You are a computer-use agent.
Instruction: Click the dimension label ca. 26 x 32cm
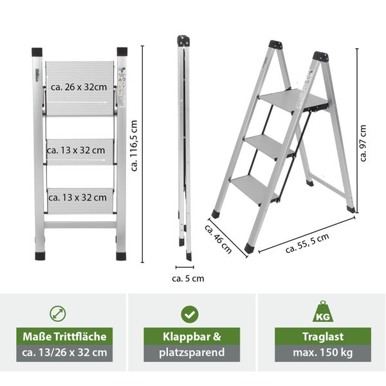click(x=78, y=87)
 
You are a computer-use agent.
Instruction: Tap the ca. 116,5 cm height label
click(x=134, y=146)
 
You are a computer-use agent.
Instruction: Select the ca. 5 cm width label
click(x=188, y=279)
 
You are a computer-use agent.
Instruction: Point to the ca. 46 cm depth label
click(x=218, y=239)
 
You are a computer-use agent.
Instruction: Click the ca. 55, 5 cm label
click(x=308, y=243)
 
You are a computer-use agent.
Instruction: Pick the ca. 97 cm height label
click(x=363, y=143)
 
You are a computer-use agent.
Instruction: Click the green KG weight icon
click(x=323, y=311)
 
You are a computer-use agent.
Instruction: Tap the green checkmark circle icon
click(x=190, y=314)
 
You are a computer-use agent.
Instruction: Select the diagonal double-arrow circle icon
click(x=58, y=314)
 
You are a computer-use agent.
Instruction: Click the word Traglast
click(x=323, y=336)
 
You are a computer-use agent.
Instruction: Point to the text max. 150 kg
click(x=323, y=353)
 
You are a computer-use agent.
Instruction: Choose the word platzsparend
click(x=192, y=353)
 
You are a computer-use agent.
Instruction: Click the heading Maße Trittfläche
click(x=64, y=336)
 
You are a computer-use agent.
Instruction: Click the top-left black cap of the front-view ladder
click(x=37, y=52)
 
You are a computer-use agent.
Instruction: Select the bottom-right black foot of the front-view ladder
click(x=121, y=256)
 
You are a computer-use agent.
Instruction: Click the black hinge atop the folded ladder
click(x=183, y=41)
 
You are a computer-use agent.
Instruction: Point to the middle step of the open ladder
click(x=268, y=146)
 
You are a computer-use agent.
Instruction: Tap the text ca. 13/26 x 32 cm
click(x=64, y=353)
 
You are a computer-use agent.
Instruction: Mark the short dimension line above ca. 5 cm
click(x=185, y=267)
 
